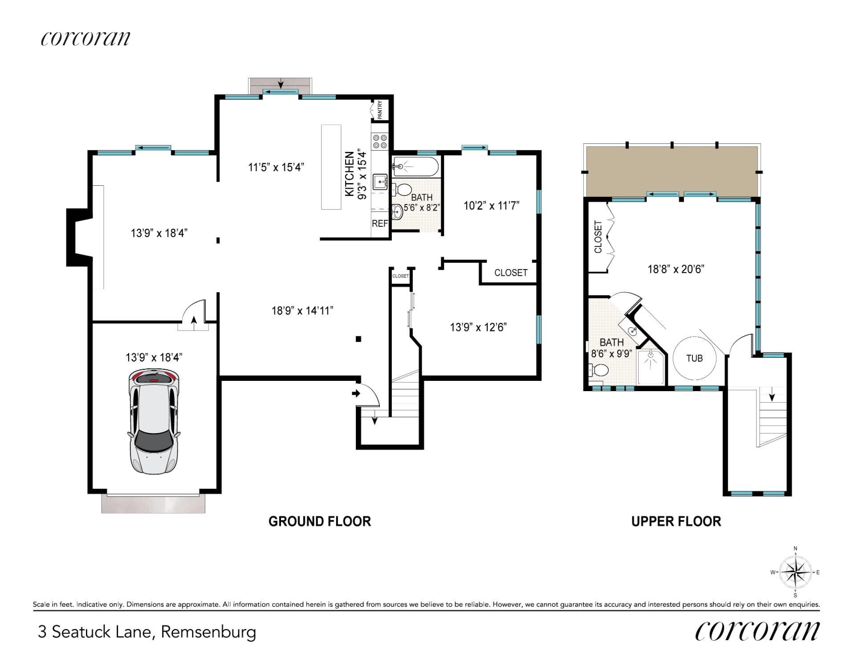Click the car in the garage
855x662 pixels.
154,421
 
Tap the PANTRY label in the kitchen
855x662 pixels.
380,110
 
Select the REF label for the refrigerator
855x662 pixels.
380,223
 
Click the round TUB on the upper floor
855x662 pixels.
694,358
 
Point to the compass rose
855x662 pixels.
795,572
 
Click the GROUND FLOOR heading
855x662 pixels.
320,521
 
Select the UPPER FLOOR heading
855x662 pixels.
676,521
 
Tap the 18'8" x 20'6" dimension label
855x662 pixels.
676,269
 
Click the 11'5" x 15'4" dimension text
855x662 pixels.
276,167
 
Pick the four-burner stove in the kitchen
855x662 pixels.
380,142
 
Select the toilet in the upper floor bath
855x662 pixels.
598,370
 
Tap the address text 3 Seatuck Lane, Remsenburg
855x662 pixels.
147,632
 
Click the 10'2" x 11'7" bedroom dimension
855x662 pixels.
492,206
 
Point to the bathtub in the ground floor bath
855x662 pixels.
415,167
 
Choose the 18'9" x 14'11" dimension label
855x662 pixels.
302,311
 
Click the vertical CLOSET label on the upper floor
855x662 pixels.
598,237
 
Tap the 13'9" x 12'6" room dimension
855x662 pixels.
478,327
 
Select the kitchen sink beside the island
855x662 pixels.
380,181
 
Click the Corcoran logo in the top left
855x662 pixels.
85,38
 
